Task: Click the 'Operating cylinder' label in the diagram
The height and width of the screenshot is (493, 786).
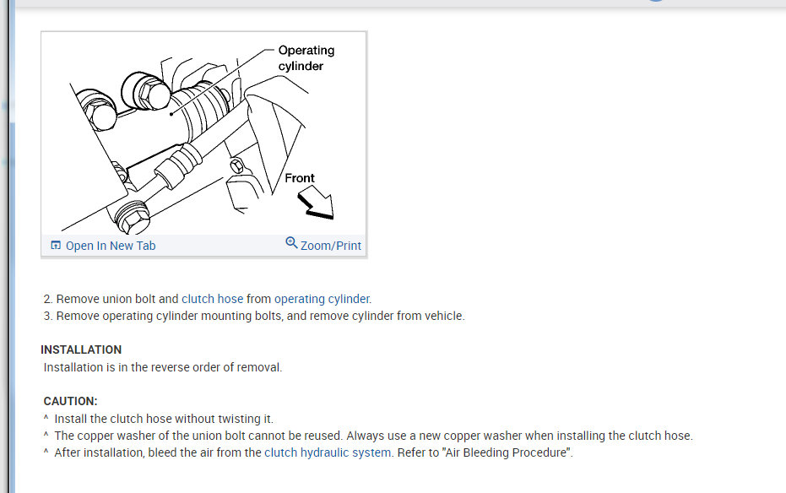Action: tap(306, 58)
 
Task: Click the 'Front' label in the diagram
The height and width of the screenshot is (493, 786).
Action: tap(299, 178)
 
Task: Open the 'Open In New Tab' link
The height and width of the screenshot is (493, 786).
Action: tap(110, 246)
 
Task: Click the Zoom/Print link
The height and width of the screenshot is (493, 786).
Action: tap(330, 246)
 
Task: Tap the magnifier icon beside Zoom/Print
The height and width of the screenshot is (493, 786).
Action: tap(291, 243)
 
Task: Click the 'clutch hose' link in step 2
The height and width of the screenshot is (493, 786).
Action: tap(212, 299)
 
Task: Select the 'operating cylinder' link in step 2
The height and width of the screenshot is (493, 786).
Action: tap(322, 299)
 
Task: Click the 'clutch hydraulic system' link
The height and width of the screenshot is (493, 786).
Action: tap(328, 452)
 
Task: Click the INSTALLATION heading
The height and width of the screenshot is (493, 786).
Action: tap(81, 349)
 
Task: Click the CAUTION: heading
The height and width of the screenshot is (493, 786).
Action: tap(70, 401)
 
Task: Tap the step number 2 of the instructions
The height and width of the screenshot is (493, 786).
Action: tap(47, 299)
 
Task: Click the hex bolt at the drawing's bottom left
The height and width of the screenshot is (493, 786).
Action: tap(132, 217)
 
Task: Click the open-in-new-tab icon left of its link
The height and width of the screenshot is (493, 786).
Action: tap(56, 246)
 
